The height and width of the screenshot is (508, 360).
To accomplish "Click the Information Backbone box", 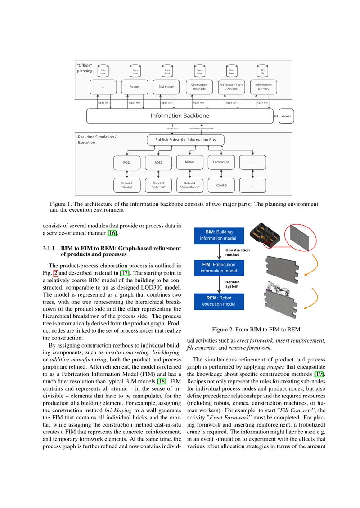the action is pyautogui.click(x=180, y=116).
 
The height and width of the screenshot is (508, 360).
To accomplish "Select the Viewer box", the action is pyautogui.click(x=286, y=116).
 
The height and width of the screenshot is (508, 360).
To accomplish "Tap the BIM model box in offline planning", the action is pyautogui.click(x=166, y=87).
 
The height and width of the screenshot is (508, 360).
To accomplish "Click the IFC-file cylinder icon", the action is pyautogui.click(x=262, y=71).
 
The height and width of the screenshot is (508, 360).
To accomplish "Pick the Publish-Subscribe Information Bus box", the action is pyautogui.click(x=185, y=140).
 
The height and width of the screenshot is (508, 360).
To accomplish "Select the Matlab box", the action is pyautogui.click(x=190, y=162).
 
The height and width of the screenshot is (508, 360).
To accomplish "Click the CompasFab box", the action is pyautogui.click(x=221, y=162).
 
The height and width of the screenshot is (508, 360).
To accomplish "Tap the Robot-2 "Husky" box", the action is pyautogui.click(x=127, y=185).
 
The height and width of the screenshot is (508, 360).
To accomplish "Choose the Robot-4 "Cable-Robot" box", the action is pyautogui.click(x=190, y=185).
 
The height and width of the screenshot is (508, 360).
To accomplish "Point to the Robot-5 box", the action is pyautogui.click(x=221, y=185).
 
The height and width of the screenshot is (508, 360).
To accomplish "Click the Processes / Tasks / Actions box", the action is pyautogui.click(x=231, y=87).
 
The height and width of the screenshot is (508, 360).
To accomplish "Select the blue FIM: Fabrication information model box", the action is pyautogui.click(x=219, y=268).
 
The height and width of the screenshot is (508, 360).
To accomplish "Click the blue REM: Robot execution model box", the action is pyautogui.click(x=219, y=301).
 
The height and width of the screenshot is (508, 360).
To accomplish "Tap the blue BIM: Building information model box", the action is pyautogui.click(x=219, y=236).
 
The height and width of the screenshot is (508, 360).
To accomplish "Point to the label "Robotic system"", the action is pyautogui.click(x=232, y=284).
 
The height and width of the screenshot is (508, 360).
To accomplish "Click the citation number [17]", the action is pyautogui.click(x=125, y=273).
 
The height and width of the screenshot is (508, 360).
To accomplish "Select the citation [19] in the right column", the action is pyautogui.click(x=319, y=374).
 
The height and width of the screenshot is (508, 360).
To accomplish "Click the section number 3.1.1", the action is pyautogui.click(x=49, y=249).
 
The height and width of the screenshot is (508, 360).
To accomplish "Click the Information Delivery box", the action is pyautogui.click(x=263, y=87).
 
